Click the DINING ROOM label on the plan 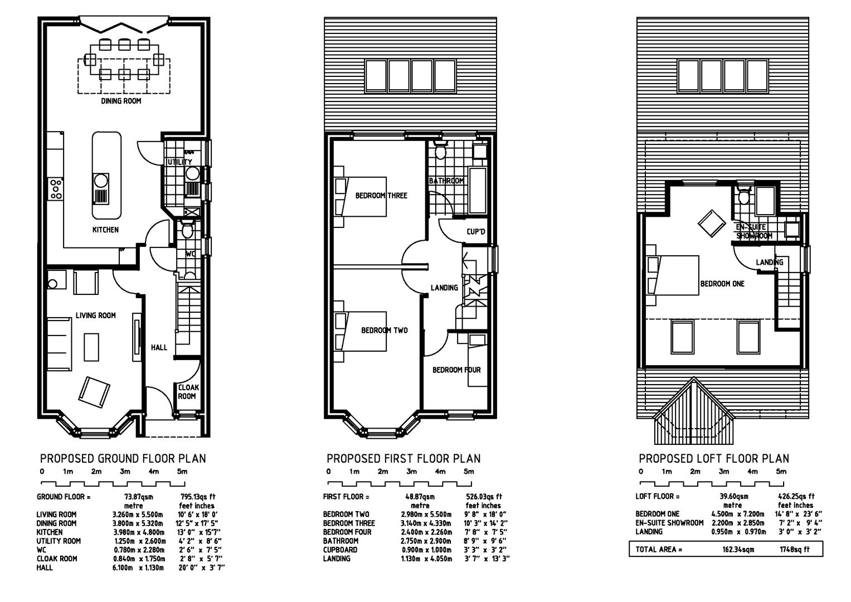[121, 101]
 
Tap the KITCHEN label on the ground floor [106, 230]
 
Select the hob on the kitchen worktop [56, 189]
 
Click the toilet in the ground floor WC [187, 229]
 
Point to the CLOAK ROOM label [188, 392]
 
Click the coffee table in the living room [91, 347]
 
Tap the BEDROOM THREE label [381, 196]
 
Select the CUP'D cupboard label [475, 231]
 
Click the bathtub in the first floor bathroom [478, 190]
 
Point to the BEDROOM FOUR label [456, 370]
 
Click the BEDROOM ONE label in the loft [722, 284]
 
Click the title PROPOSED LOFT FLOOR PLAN [713, 458]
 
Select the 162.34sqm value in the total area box [738, 549]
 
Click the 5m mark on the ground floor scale [182, 471]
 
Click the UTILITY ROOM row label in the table [59, 541]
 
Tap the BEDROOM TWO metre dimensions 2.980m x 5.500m [426, 514]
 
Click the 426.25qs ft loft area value [795, 496]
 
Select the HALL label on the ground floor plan [159, 347]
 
